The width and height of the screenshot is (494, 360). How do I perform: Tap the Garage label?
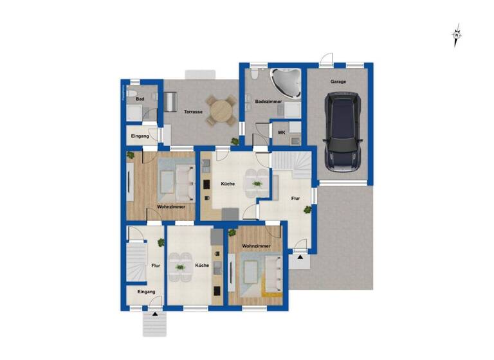(339, 82)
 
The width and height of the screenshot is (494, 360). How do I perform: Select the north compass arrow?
(457, 36)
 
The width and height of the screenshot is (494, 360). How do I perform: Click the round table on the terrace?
(221, 110)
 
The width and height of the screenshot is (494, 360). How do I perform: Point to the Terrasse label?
(194, 112)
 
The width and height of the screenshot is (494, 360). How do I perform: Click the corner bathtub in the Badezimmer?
(285, 83)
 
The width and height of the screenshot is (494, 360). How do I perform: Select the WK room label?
(281, 133)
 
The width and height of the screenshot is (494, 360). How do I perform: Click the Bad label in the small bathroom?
(140, 100)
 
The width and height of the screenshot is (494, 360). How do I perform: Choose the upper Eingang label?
(140, 136)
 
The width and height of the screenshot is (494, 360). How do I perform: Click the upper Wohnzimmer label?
(171, 207)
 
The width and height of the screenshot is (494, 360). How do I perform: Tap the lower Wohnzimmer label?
(256, 246)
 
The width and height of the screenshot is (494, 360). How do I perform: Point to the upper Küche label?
(228, 184)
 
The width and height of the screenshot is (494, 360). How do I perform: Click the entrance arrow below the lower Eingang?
(154, 315)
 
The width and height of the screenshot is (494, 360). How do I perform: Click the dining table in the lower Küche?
(180, 266)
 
